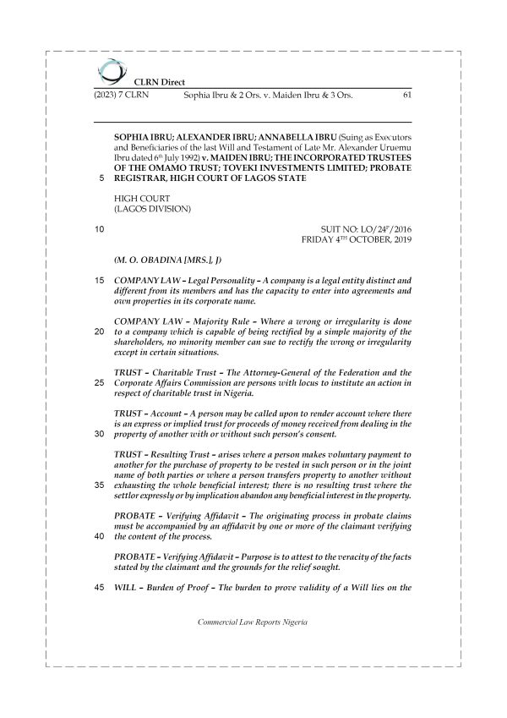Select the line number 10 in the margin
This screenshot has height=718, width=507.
coord(98,229)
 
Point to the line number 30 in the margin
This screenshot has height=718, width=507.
coord(98,434)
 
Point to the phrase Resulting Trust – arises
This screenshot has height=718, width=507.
coord(202,454)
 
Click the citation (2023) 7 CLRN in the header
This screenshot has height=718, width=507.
coord(118,96)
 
